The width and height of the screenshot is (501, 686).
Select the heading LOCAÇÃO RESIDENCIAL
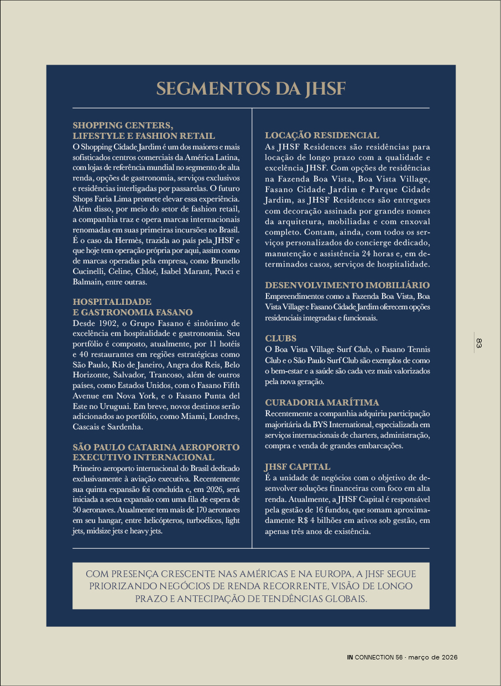pyautogui.click(x=322, y=136)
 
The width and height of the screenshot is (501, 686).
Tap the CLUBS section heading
pyautogui.click(x=281, y=338)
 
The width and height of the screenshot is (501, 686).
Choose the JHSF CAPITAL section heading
pyautogui.click(x=298, y=466)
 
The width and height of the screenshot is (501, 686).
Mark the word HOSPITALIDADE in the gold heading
pyautogui.click(x=112, y=302)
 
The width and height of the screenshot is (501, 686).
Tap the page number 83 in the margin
pyautogui.click(x=479, y=343)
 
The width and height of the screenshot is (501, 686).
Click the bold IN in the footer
pyautogui.click(x=350, y=657)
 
